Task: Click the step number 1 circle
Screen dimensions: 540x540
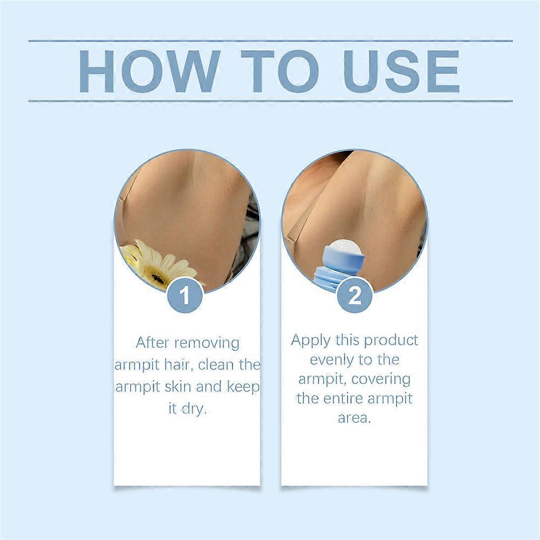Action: click(185, 296)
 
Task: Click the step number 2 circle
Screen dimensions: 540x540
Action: click(355, 296)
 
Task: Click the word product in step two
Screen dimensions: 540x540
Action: click(391, 341)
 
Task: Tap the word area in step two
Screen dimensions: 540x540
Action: click(354, 418)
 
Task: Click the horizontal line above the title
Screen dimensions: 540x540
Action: click(270, 41)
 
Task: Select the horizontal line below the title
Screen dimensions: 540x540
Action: click(270, 101)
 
